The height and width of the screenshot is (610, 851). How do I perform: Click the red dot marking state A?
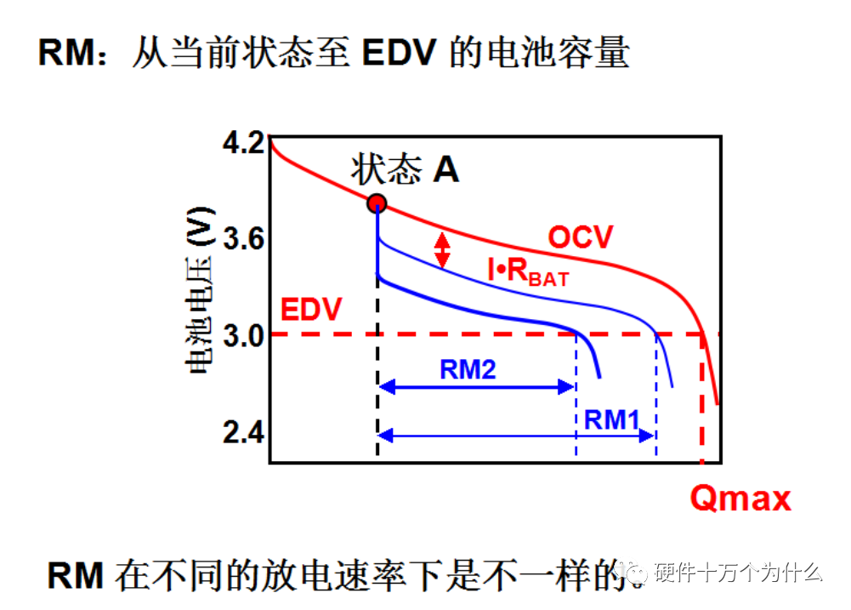click(377, 203)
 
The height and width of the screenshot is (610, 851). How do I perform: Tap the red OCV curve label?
click(580, 237)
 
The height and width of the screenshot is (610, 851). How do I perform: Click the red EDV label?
click(311, 310)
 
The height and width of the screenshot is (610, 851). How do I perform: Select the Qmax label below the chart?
click(740, 498)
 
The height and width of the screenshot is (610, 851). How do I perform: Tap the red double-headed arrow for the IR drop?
click(442, 249)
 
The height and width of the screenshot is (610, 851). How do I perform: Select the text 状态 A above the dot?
click(406, 170)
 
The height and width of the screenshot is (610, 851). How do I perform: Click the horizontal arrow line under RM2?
click(476, 387)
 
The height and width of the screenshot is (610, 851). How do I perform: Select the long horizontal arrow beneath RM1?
click(516, 436)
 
